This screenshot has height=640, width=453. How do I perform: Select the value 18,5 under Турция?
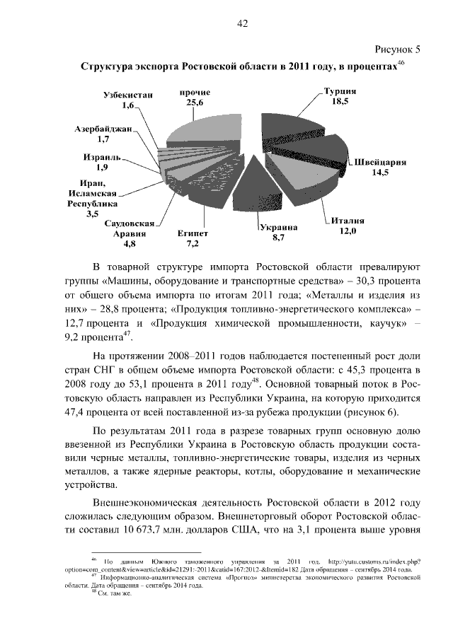tap(340, 102)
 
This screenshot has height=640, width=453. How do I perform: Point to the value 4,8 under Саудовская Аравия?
tap(130, 244)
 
